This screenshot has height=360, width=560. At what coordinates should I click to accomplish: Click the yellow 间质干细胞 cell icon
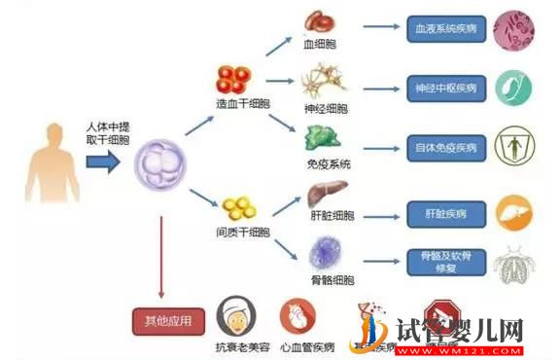pyautogui.click(x=238, y=208)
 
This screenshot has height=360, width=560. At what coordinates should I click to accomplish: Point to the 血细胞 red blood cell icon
pyautogui.click(x=320, y=21)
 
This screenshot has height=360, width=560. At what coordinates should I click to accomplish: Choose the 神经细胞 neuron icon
pyautogui.click(x=324, y=79)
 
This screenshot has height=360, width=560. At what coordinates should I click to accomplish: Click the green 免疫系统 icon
pyautogui.click(x=326, y=137)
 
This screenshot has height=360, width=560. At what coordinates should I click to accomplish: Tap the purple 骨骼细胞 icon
pyautogui.click(x=325, y=252)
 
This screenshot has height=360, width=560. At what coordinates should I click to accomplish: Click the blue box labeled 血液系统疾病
pyautogui.click(x=443, y=29)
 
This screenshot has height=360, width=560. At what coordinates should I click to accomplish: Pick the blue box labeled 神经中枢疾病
pyautogui.click(x=443, y=87)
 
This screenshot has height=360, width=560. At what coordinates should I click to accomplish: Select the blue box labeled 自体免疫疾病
pyautogui.click(x=443, y=148)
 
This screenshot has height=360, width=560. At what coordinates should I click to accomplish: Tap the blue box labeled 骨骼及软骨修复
pyautogui.click(x=443, y=260)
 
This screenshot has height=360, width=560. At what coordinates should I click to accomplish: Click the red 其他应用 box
pyautogui.click(x=169, y=319)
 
